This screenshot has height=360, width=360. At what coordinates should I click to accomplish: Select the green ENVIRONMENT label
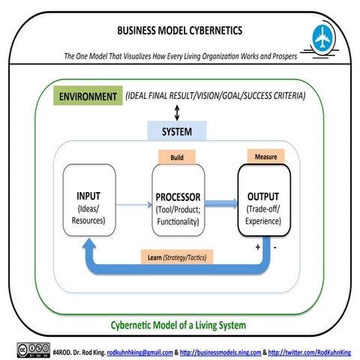(x=89, y=97)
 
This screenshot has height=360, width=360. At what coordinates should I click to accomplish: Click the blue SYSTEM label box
(x=177, y=132)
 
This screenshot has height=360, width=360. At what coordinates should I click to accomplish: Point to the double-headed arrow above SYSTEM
(x=177, y=112)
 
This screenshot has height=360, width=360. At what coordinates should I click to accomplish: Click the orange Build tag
(x=178, y=157)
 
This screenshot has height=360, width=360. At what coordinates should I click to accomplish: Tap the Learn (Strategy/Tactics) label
(x=176, y=257)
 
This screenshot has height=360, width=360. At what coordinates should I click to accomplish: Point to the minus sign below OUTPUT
(x=276, y=245)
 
